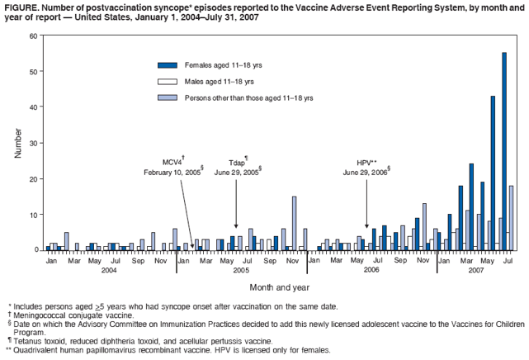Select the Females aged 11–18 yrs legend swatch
(x=168, y=65)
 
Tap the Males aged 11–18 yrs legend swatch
(x=168, y=81)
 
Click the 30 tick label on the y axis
(x=32, y=143)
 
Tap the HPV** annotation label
(x=366, y=163)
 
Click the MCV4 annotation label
(x=172, y=163)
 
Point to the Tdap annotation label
(x=237, y=163)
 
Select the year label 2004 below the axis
(x=109, y=270)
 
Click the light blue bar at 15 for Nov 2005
(x=295, y=223)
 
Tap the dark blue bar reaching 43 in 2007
(x=494, y=173)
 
